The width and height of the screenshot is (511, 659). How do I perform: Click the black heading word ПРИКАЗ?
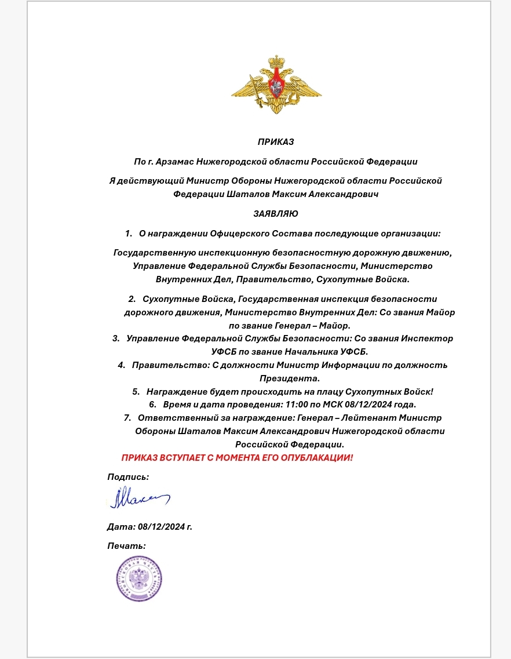[276, 141]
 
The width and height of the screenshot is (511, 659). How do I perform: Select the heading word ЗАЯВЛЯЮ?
[276, 214]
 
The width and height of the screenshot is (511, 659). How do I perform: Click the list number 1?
[128, 234]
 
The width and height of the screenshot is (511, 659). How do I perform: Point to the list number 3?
[116, 338]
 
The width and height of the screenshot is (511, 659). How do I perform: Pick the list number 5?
[136, 391]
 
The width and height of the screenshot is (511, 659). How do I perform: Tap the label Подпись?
[128, 477]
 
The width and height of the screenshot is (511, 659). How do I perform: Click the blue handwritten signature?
[138, 498]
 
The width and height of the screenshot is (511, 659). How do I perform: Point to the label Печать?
[126, 545]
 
